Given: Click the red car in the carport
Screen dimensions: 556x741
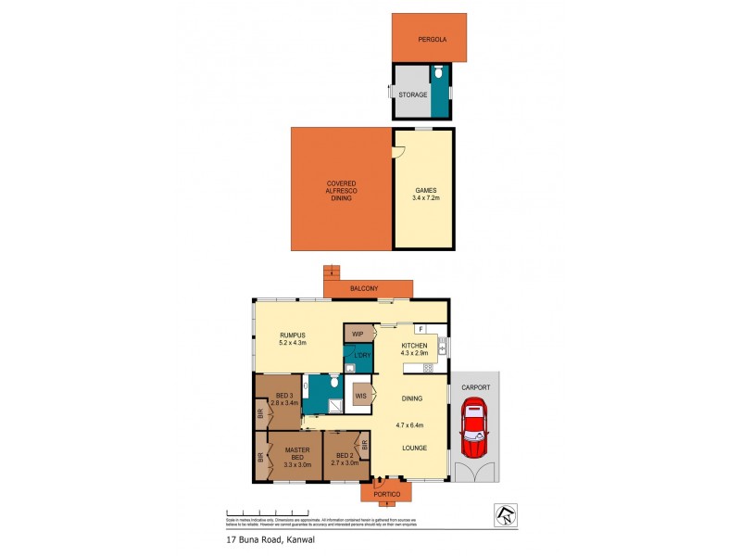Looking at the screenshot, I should click(x=474, y=429).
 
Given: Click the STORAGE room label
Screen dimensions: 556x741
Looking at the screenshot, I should click(x=413, y=95).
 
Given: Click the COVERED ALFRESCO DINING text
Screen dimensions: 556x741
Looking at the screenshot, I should click(x=341, y=190).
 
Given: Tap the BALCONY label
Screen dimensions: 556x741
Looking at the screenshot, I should click(x=364, y=289).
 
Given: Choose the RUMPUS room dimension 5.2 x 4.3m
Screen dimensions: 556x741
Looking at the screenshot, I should click(x=292, y=342).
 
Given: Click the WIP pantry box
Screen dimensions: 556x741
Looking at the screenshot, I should click(x=358, y=333).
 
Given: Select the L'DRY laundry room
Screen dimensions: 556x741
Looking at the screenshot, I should click(x=358, y=357).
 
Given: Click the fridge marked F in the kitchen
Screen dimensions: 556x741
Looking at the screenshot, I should click(x=420, y=329).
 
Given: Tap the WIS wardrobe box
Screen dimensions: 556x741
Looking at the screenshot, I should click(x=359, y=395).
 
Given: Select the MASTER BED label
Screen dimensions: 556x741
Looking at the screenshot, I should click(x=296, y=455).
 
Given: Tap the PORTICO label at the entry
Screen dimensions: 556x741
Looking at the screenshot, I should click(x=387, y=494).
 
